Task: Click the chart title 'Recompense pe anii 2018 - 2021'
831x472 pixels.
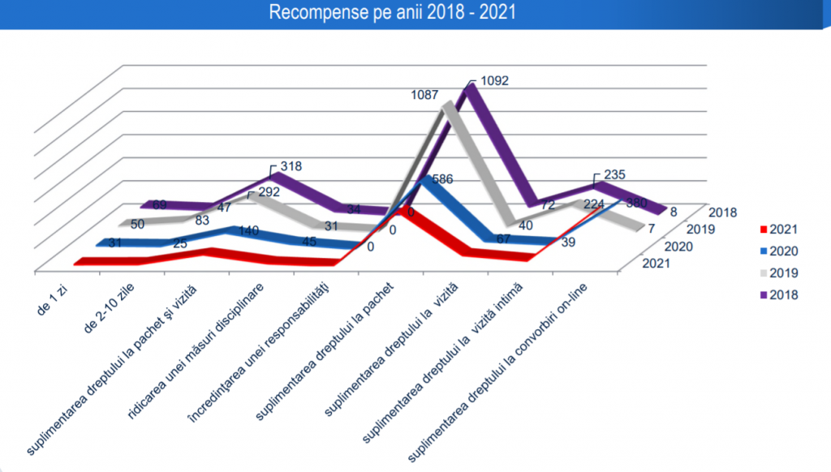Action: pos(415,13)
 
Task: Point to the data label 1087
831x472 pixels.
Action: pos(426,95)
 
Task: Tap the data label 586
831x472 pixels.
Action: pos(441,178)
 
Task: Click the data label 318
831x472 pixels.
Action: pos(291,166)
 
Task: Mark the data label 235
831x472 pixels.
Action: pos(615,174)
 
